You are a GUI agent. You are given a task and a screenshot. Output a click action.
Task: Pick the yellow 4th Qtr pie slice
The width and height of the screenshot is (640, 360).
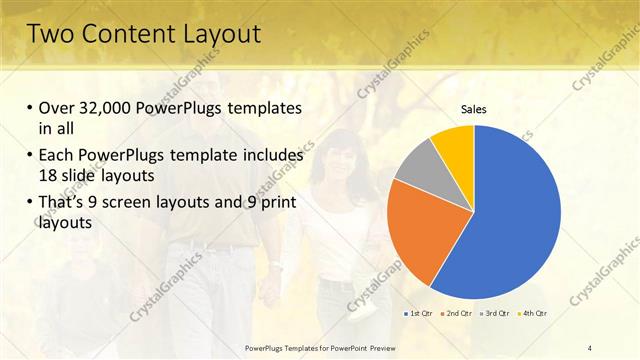(x=453, y=143)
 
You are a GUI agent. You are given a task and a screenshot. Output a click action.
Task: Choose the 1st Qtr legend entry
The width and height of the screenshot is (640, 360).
(x=419, y=314)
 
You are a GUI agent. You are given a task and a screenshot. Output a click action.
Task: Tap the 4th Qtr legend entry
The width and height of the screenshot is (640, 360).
(x=532, y=314)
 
